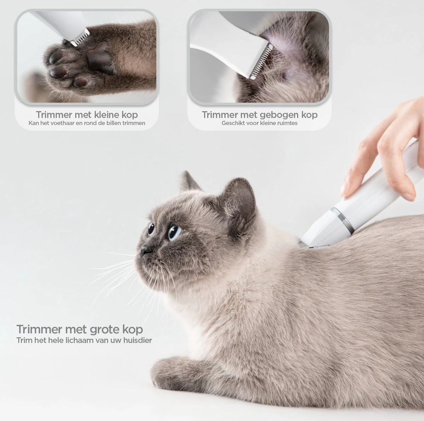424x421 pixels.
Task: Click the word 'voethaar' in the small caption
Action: pos(62,123)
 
